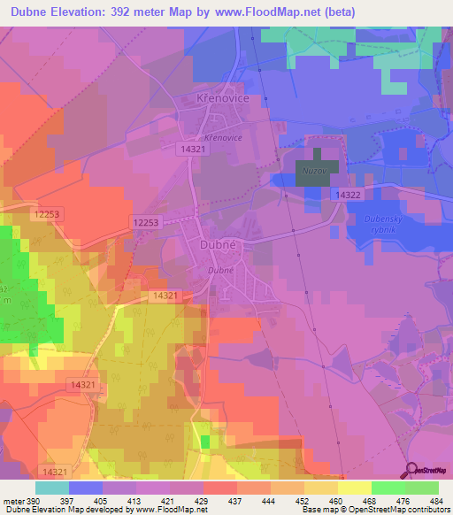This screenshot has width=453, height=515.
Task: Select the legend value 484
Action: tap(437, 501)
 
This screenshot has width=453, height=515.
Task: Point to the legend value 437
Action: tap(236, 501)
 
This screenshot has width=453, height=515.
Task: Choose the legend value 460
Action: tap(336, 501)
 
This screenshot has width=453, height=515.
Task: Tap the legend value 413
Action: tap(135, 501)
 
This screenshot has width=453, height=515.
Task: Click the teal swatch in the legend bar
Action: tap(51, 488)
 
